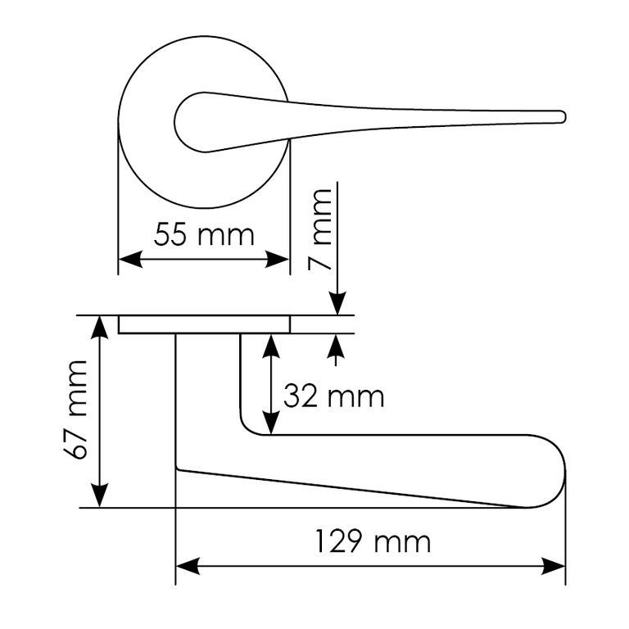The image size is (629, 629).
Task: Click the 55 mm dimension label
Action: [204, 235]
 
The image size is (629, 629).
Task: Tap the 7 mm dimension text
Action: [320, 230]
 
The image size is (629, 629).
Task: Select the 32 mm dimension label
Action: [334, 396]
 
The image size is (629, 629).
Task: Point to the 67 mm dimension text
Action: [76, 410]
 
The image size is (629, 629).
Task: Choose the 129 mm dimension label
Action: [373, 541]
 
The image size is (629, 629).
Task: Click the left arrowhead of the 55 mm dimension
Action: [130, 259]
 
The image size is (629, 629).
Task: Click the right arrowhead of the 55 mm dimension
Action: [277, 259]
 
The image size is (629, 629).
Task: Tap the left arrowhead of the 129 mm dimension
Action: [188, 566]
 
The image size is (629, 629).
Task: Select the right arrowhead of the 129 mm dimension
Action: [553, 566]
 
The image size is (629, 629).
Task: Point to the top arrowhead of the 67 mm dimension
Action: [99, 328]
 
